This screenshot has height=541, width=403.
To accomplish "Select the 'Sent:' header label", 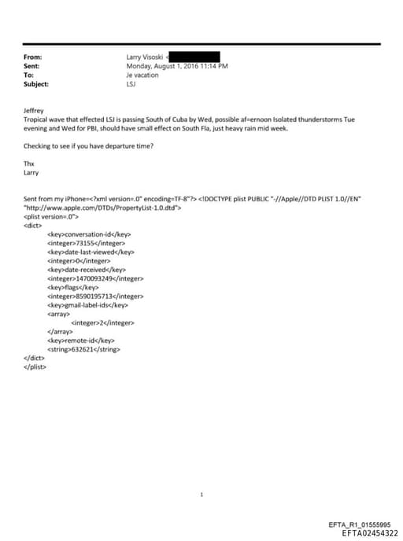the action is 33,67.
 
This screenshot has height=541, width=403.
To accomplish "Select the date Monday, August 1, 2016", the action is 159,67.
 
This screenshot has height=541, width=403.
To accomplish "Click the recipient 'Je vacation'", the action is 142,75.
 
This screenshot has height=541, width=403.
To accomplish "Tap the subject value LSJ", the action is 131,84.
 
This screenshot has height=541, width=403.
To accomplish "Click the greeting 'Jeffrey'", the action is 35,112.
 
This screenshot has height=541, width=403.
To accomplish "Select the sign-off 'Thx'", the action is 30,164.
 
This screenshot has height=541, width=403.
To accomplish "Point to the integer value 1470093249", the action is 96,278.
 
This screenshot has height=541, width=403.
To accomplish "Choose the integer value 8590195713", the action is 96,296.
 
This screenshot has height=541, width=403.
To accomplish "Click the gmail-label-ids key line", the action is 88,304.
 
